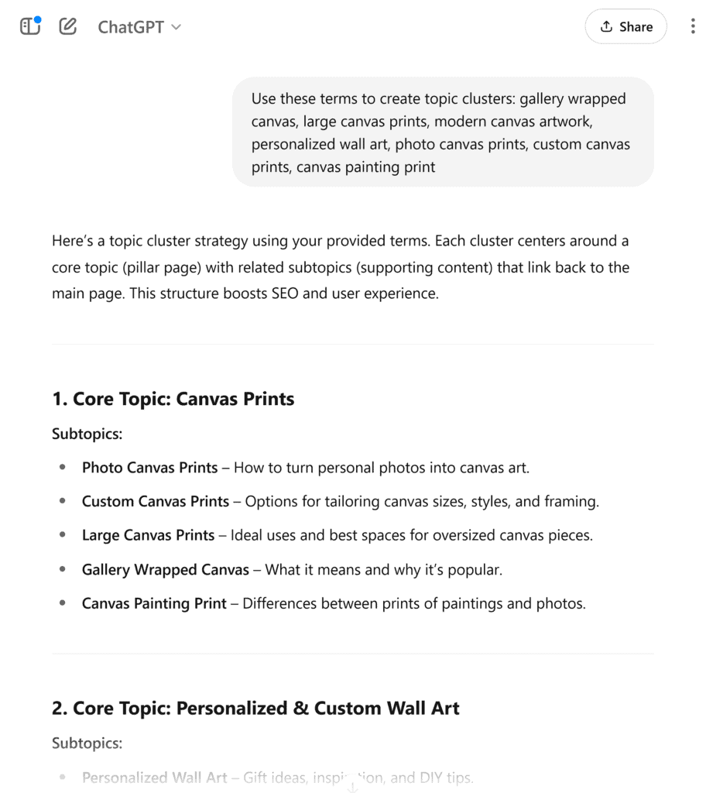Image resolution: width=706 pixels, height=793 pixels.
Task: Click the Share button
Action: (x=625, y=27)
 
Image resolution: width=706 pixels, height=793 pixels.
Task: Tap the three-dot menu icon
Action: (x=692, y=27)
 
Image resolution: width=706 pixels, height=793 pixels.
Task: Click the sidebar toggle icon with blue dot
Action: (x=30, y=26)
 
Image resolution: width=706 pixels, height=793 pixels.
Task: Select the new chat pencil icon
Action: (x=68, y=27)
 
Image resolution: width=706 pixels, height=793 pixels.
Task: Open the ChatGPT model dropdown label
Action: (x=139, y=27)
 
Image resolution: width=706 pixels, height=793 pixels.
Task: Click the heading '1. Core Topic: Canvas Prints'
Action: (x=173, y=399)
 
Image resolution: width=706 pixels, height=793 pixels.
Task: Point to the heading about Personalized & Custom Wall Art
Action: (x=255, y=708)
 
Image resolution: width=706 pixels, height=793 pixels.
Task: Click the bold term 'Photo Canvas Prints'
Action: (x=149, y=468)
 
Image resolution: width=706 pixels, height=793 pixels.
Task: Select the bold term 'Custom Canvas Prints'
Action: (x=156, y=502)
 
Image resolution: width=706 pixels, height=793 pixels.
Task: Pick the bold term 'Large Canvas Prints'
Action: (x=148, y=536)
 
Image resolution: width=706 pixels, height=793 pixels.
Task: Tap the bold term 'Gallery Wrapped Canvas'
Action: (x=166, y=570)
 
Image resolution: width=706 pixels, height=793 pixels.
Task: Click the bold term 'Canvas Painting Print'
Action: (x=154, y=604)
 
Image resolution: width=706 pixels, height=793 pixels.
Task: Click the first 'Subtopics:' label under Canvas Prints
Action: (x=87, y=434)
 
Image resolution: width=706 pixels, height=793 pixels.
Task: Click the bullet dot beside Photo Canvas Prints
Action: (x=62, y=468)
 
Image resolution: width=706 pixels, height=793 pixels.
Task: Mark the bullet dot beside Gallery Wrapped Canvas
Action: (x=62, y=570)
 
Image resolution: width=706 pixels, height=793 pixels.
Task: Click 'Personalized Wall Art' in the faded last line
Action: (x=154, y=778)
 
